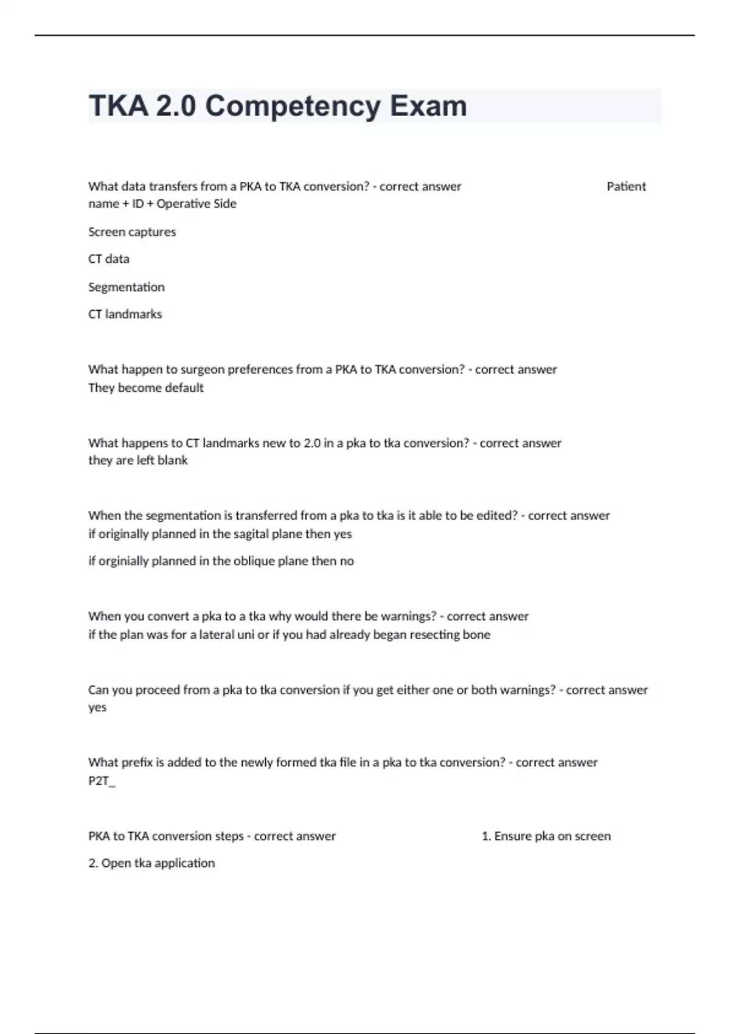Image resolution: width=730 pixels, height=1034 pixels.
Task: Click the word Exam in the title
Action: point(428,106)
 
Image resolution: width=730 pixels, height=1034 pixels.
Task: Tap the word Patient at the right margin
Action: point(626,187)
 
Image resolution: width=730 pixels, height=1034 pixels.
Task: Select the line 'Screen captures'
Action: point(132,232)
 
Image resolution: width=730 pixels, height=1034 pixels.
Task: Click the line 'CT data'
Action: point(109,259)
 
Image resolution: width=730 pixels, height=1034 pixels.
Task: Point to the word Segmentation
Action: point(127,287)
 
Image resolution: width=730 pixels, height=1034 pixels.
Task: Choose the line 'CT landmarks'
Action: point(125,314)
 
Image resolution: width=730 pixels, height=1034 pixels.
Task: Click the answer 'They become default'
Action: point(146,388)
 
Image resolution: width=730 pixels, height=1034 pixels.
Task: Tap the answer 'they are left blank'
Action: point(138,460)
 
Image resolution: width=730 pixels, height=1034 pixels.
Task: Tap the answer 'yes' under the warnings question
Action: point(97,707)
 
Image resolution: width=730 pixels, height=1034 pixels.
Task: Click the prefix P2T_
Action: point(102,781)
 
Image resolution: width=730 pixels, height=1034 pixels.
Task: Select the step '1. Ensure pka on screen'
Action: point(546,836)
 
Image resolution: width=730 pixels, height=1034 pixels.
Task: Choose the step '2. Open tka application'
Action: point(151,863)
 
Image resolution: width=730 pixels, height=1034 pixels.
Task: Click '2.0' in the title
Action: point(176,106)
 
